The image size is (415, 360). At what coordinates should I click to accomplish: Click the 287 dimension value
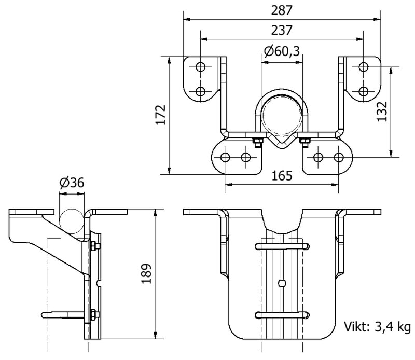282,10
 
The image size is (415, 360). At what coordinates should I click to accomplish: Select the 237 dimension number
282,30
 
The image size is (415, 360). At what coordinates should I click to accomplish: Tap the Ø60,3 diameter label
282,51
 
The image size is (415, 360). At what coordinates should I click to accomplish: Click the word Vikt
355,327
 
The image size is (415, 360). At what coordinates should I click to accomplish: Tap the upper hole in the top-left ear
201,67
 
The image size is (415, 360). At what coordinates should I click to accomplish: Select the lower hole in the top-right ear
363,92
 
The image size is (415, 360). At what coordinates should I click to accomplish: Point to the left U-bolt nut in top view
256,141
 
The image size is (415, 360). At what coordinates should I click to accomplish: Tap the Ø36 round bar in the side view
72,217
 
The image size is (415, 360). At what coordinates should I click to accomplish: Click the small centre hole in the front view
281,283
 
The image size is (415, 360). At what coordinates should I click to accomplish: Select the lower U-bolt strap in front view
282,314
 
